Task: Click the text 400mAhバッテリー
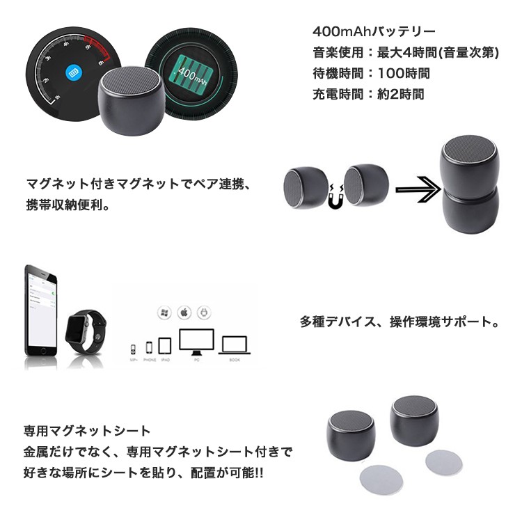point(374,32)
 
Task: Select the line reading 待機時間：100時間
point(371,72)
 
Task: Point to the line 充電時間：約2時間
point(368,93)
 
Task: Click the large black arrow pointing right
point(418,189)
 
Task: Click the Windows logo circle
point(165,313)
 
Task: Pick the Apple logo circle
point(184,313)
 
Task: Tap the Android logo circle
point(204,313)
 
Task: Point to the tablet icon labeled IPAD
point(165,345)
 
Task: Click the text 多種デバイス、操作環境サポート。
point(400,322)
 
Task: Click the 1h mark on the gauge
point(58,97)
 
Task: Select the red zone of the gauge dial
point(97,49)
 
